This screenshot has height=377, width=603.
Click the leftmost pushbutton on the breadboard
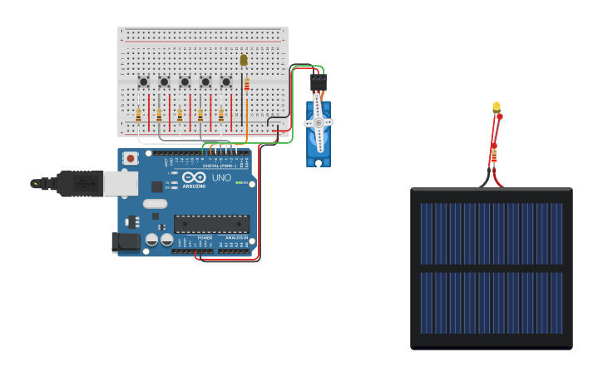(143, 82)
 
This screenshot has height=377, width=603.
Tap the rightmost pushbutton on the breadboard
(225, 82)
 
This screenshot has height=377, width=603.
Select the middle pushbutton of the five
(185, 82)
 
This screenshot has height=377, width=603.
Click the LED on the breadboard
(244, 60)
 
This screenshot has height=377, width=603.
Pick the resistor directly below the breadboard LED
(246, 83)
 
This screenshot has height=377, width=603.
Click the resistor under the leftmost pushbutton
(138, 115)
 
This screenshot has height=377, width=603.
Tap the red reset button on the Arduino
(130, 158)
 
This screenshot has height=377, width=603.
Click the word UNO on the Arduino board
(222, 177)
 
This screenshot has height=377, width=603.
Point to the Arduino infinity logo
(194, 177)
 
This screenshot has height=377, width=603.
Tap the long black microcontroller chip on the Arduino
(211, 224)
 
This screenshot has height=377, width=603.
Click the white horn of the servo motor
(318, 122)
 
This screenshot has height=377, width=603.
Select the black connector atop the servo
(318, 82)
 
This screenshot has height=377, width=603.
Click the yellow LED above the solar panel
(497, 107)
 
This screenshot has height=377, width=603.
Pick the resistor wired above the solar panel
(494, 153)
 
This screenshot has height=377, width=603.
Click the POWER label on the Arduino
(205, 238)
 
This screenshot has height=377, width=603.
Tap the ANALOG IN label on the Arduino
(236, 238)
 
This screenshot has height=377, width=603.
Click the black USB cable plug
(79, 183)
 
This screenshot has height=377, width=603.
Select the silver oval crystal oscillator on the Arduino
(155, 204)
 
